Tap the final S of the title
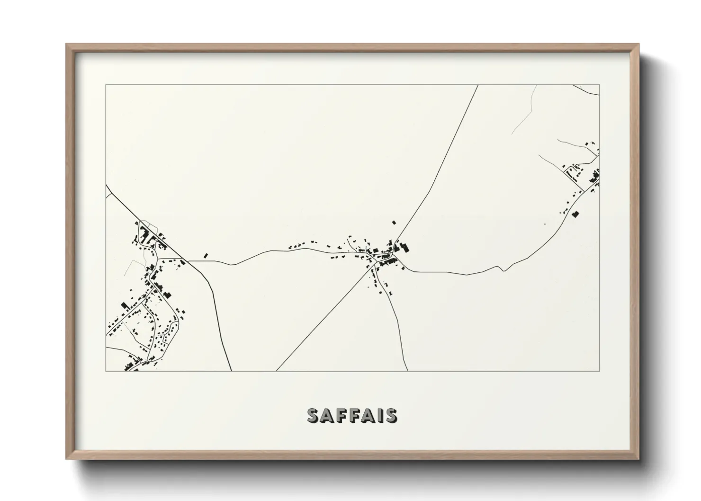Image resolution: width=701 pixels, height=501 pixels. [x=391, y=415]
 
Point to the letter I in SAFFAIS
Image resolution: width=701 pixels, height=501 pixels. [x=378, y=415]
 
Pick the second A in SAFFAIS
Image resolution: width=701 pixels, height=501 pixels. [x=367, y=415]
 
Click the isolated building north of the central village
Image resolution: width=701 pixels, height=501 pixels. [x=393, y=222]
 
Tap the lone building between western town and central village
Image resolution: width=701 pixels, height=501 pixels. [x=206, y=256]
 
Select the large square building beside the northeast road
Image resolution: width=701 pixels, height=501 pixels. [x=576, y=214]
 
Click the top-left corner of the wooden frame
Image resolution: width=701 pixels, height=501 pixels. [x=66, y=45]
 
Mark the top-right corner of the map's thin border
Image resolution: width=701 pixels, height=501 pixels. [x=600, y=85]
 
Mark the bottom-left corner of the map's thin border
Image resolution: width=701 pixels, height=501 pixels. [x=106, y=371]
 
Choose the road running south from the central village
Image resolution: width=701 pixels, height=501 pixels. [x=400, y=327]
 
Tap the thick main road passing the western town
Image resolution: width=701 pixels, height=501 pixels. [x=216, y=303]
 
